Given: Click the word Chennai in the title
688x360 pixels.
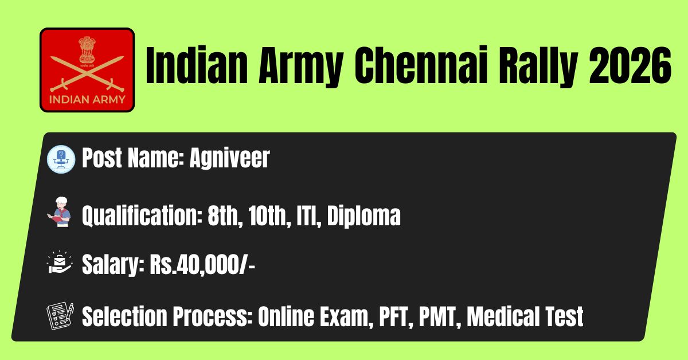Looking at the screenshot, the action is coord(421,65).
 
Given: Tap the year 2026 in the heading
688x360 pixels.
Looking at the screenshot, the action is coord(630,65).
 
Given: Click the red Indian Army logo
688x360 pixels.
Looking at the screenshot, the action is coord(87,70).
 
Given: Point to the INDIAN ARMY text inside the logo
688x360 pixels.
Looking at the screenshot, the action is coord(87,100).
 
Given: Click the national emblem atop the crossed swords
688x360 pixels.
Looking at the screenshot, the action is coord(87,50).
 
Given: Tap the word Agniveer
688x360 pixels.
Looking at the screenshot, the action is coord(229,158).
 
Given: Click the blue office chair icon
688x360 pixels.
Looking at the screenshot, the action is coord(61,159).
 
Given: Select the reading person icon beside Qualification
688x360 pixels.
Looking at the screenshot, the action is coord(60,212).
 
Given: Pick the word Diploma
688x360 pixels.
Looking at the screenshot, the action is coord(363,216).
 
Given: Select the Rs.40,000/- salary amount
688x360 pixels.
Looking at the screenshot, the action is coord(202,264).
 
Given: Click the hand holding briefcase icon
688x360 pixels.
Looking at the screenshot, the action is coord(60,262).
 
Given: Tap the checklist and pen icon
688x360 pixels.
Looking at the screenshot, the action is coord(60,316).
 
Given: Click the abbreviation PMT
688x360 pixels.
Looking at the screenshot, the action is coord(440,316).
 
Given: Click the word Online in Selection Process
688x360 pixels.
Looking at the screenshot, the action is coord(286,316).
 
